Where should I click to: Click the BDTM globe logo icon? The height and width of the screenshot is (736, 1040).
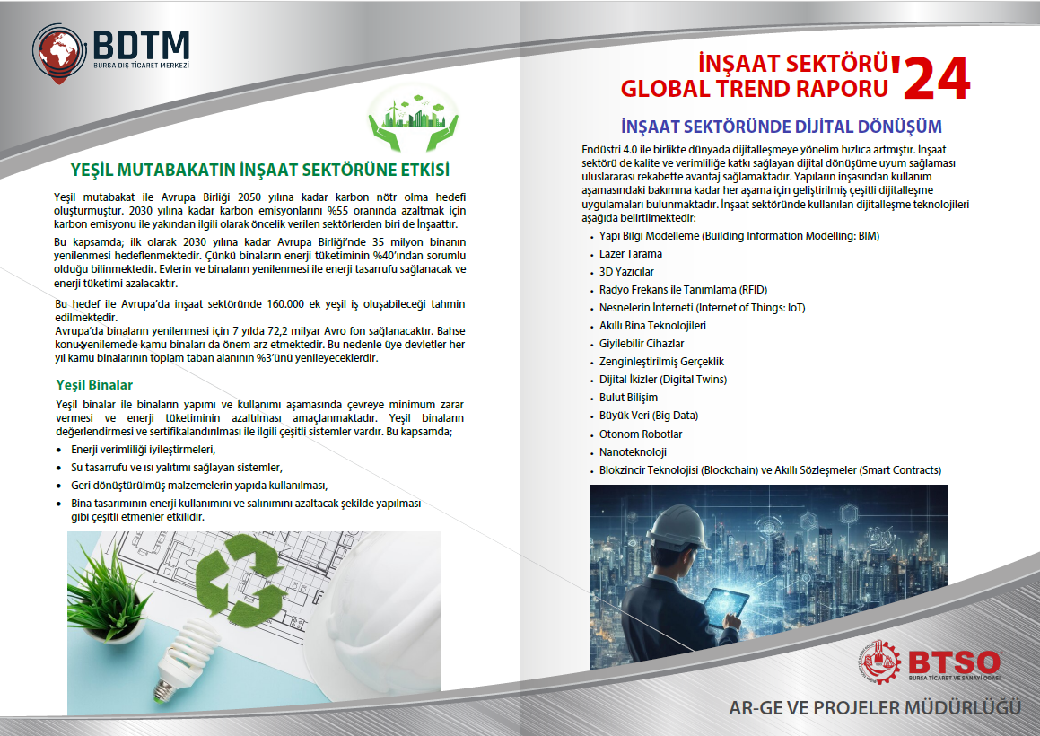tap(59, 53)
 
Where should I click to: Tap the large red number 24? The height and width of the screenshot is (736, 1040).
tap(937, 78)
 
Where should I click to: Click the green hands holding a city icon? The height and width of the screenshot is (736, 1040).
tap(413, 118)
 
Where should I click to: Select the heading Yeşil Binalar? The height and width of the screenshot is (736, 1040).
tap(94, 385)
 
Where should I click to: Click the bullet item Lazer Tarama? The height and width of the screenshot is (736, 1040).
tap(630, 253)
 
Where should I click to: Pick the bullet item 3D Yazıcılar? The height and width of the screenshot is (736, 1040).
tap(626, 271)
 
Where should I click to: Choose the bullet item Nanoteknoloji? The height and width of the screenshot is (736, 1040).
tap(633, 452)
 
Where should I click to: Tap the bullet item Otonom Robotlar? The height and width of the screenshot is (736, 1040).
tap(641, 434)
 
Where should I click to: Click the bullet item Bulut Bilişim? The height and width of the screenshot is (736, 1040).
tap(628, 398)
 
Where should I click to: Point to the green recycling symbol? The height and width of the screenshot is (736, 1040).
tap(241, 574)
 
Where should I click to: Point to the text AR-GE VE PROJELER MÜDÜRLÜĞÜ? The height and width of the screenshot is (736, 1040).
tap(874, 707)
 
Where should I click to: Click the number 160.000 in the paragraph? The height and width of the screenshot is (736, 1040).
tap(285, 304)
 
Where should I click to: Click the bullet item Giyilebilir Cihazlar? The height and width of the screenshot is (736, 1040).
tap(642, 344)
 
